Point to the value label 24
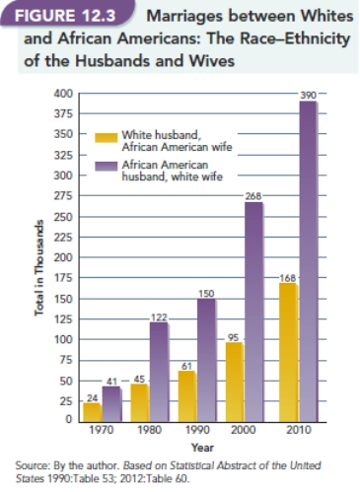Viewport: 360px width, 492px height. click(91, 396)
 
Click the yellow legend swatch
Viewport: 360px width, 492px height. click(107, 137)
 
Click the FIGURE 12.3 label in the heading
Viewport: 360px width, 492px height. click(65, 18)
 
